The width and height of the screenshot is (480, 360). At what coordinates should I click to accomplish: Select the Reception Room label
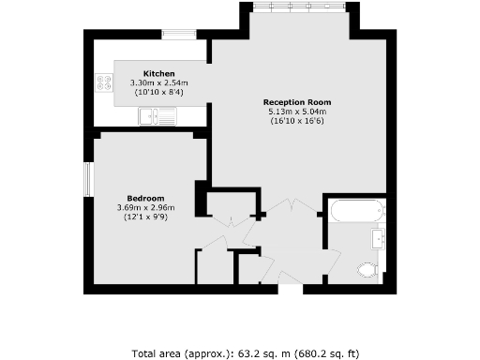[297, 102]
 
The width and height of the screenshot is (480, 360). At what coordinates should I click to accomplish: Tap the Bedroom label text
[146, 198]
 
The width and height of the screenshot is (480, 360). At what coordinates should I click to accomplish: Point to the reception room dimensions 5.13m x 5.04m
[297, 112]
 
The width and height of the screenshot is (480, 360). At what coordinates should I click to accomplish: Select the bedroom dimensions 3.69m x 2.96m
[146, 207]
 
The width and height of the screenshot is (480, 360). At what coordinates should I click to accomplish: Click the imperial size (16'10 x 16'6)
[297, 121]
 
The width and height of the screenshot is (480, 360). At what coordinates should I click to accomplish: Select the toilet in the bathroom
[368, 270]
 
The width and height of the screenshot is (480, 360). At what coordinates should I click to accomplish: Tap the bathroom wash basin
[379, 240]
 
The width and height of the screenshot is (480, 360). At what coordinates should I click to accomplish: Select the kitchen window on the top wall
[178, 36]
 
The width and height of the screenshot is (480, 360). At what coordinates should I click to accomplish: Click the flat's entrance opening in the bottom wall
[292, 289]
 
